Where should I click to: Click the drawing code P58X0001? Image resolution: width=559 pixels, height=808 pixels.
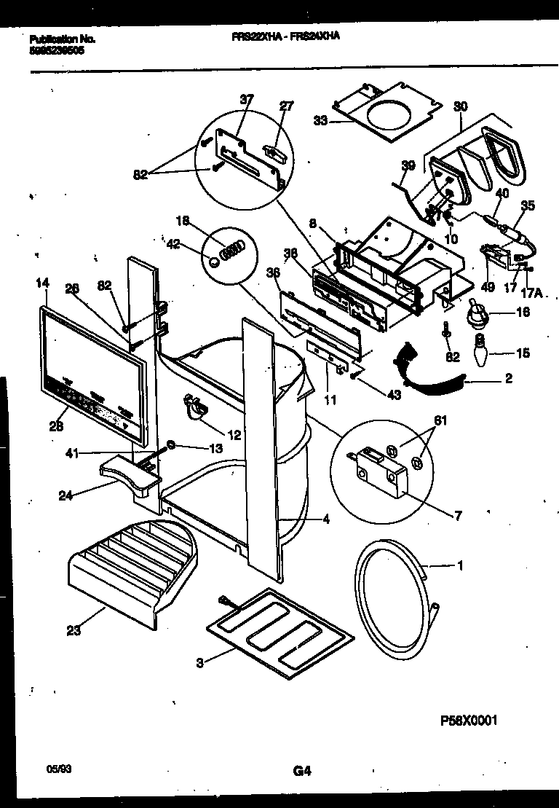469,721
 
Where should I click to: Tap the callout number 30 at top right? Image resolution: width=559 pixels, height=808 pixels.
460,106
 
